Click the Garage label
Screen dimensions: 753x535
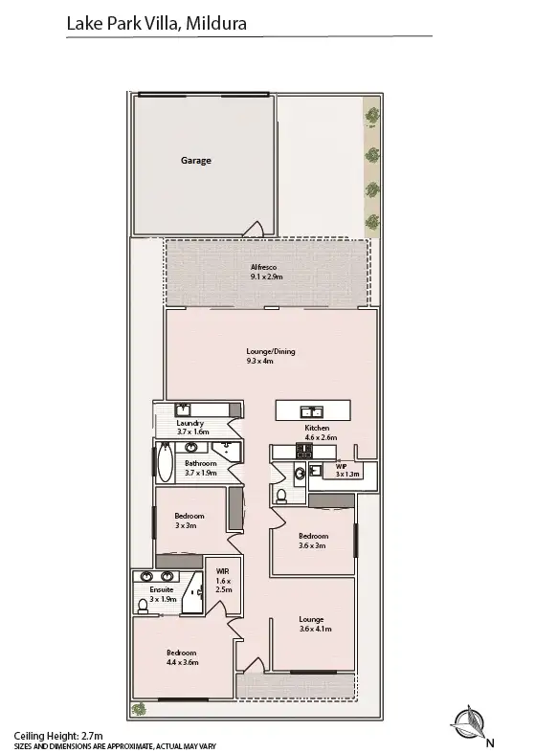[x=196, y=161]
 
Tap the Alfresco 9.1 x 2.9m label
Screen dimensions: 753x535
[x=267, y=271]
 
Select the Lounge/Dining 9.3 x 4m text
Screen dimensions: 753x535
[x=271, y=356]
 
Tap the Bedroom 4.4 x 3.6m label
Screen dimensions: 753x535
[x=182, y=657]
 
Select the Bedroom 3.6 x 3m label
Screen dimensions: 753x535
[x=313, y=541]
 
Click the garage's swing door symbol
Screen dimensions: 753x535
[x=254, y=228]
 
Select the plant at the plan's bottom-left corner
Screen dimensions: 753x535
[x=139, y=709]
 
